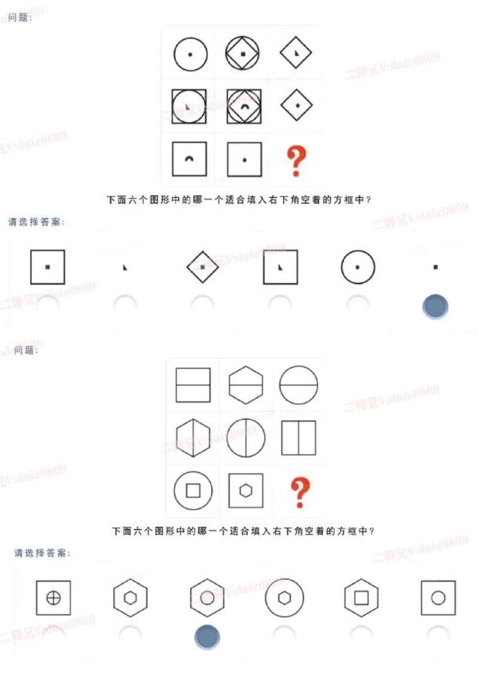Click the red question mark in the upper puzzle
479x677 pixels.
point(296,160)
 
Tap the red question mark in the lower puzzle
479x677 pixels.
point(299,493)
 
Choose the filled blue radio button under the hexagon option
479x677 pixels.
point(207,637)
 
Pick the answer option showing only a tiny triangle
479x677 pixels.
point(125,268)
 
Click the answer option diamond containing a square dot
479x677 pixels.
point(202,267)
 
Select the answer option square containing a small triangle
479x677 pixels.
point(280,267)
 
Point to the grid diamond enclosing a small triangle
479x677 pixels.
point(296,54)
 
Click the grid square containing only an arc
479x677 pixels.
point(189,159)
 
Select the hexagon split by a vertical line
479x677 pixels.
point(193,438)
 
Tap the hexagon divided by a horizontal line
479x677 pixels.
point(245,384)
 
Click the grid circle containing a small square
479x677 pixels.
point(193,491)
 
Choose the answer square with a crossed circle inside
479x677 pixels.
point(53,597)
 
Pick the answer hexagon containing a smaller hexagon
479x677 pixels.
point(130,597)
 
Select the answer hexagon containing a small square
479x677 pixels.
point(362,597)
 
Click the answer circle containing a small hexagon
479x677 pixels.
point(284,597)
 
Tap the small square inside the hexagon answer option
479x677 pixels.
point(362,597)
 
